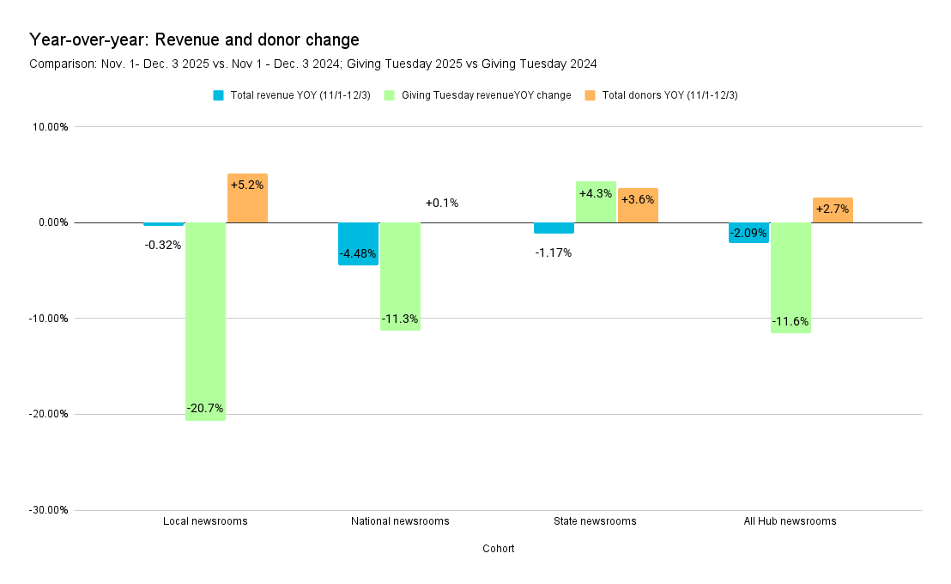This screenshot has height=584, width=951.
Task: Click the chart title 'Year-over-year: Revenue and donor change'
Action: (194, 40)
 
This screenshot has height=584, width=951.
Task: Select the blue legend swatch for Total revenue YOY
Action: (219, 95)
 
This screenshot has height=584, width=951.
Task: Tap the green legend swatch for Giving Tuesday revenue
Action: (389, 95)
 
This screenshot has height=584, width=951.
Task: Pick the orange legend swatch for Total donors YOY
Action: (590, 95)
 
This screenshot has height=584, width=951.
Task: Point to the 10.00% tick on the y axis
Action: (50, 127)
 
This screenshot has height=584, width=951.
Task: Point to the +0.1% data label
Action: (442, 204)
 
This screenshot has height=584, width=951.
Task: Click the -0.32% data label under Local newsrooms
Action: (163, 245)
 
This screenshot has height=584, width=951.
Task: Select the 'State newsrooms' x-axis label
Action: (596, 521)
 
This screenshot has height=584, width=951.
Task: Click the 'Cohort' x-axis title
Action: (498, 549)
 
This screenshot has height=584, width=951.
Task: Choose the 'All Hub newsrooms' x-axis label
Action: (790, 521)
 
